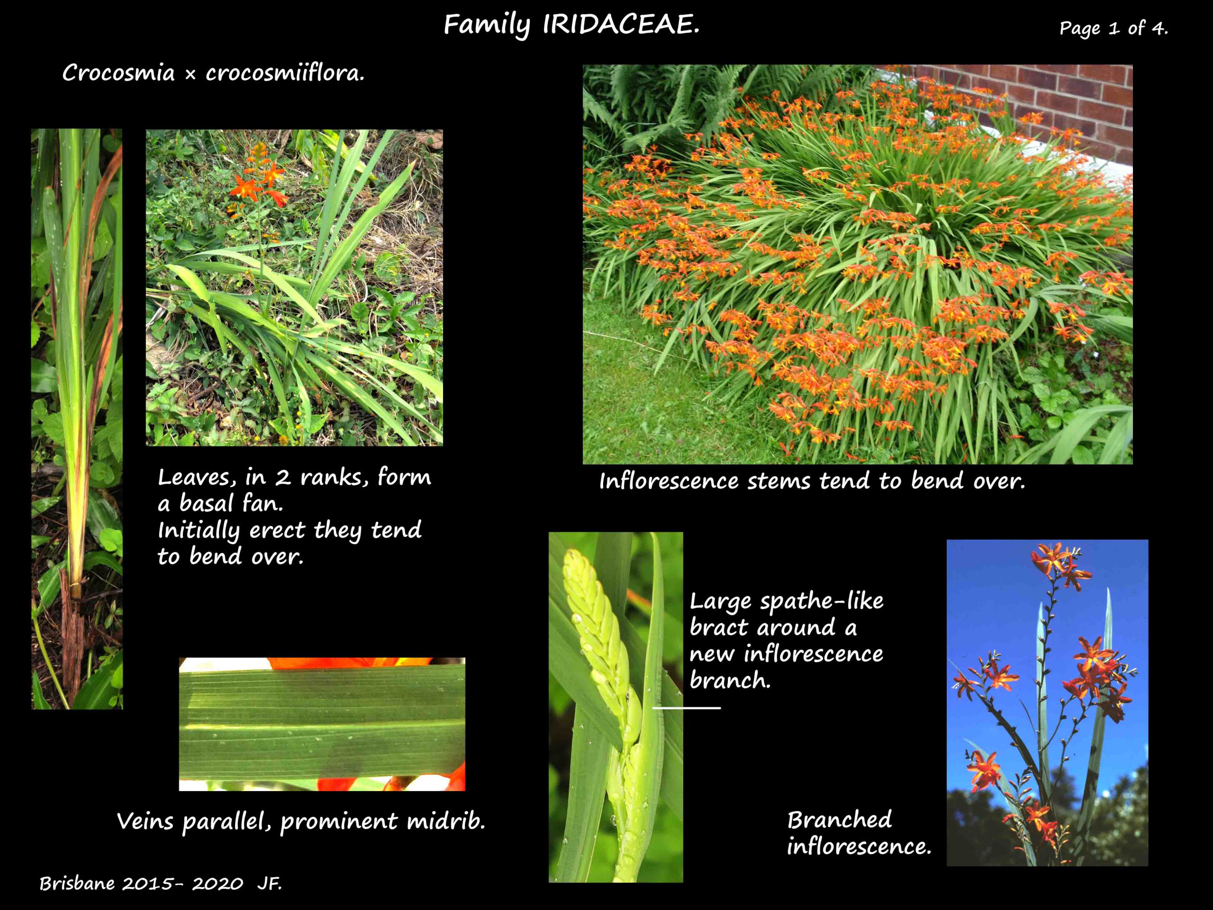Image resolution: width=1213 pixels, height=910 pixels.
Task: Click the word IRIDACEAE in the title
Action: [x=621, y=25]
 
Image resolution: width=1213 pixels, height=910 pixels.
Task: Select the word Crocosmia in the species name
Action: [x=118, y=73]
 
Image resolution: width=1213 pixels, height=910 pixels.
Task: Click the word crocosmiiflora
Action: [x=285, y=73]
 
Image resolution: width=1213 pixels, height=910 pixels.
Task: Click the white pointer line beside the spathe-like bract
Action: [x=686, y=708]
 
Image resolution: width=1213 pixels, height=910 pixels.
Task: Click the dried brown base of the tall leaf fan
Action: [x=72, y=636]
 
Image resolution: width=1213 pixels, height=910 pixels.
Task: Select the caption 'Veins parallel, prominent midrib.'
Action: [x=301, y=822]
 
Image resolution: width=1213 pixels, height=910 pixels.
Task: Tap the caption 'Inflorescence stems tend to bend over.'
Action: [x=812, y=481]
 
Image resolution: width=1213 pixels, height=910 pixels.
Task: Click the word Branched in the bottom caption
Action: [x=840, y=819]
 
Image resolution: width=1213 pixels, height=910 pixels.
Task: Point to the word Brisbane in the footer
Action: [x=77, y=883]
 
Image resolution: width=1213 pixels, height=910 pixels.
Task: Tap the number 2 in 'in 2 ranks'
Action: [x=282, y=477]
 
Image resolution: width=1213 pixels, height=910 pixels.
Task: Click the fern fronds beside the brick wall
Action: [x=686, y=104]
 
